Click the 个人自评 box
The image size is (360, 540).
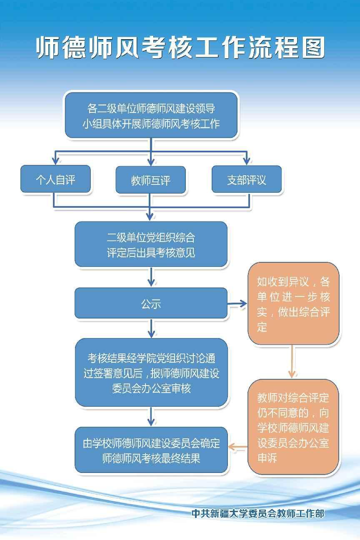(55, 179)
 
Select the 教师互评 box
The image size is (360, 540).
(150, 180)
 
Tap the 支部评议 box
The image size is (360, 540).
(247, 179)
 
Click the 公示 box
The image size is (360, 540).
(151, 303)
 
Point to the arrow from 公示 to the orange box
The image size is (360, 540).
(237, 303)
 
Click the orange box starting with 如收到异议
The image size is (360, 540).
(293, 304)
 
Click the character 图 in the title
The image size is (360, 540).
(313, 47)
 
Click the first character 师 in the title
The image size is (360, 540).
(47, 47)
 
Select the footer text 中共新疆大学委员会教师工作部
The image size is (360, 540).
(258, 513)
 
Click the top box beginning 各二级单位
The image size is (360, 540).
(151, 115)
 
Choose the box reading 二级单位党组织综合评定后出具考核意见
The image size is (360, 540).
(151, 244)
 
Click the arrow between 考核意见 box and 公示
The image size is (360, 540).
(151, 277)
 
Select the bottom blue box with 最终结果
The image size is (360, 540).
(151, 450)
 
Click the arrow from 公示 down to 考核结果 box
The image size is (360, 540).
(151, 328)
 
